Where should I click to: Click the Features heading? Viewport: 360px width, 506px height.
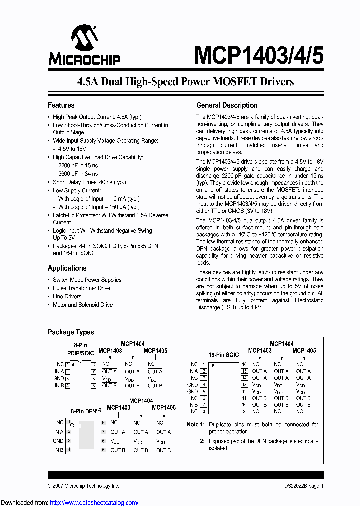[61, 105]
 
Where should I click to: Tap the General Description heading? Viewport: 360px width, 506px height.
[227, 105]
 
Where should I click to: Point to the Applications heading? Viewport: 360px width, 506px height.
[67, 268]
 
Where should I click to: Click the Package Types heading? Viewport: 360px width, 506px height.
[70, 332]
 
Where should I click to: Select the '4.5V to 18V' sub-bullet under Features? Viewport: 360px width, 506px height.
[72, 149]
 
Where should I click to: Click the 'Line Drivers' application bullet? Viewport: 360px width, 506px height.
[67, 296]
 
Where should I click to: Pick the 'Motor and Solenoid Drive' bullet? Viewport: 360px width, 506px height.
[83, 305]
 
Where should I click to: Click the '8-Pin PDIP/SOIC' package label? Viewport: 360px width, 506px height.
[80, 349]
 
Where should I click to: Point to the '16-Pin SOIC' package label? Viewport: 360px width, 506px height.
[223, 354]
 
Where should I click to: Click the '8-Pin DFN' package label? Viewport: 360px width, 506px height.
[85, 411]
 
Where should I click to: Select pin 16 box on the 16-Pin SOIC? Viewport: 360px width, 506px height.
[244, 364]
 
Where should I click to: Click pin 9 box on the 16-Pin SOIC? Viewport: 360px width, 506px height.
[244, 411]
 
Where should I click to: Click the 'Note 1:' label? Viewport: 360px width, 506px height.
[196, 424]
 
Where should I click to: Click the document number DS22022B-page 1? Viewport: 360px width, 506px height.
[300, 486]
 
